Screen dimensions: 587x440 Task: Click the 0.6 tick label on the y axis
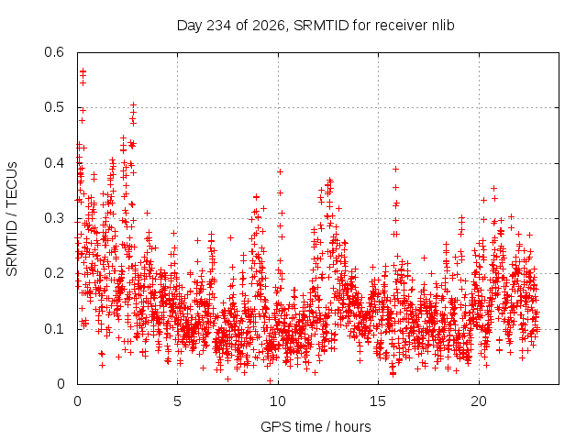click(x=54, y=52)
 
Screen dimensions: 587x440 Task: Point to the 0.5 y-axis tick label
click(x=54, y=107)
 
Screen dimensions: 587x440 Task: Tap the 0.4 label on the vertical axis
click(x=54, y=163)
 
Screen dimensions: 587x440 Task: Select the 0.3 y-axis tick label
click(x=54, y=218)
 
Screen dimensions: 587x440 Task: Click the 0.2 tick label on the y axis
click(x=54, y=273)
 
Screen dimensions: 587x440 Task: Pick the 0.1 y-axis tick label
click(x=54, y=329)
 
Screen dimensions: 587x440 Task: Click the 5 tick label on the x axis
click(x=177, y=401)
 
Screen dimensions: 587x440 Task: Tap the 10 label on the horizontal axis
click(x=277, y=401)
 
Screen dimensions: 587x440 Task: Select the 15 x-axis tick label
click(x=378, y=401)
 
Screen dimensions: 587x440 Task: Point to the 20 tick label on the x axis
click(x=479, y=401)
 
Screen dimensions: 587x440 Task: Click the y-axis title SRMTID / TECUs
click(x=12, y=219)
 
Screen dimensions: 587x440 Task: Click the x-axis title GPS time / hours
click(x=316, y=427)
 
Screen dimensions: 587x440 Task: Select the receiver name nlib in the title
click(x=443, y=26)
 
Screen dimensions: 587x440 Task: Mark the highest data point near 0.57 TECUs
click(x=83, y=71)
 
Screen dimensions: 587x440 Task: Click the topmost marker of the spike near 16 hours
click(x=395, y=169)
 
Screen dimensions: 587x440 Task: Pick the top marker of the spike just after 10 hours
click(x=280, y=171)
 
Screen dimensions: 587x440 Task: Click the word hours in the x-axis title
click(x=352, y=426)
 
